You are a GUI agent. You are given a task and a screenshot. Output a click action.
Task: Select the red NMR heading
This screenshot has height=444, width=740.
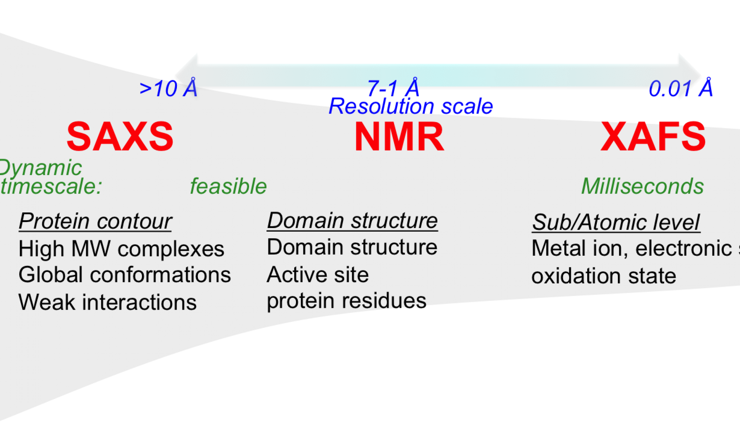(x=399, y=137)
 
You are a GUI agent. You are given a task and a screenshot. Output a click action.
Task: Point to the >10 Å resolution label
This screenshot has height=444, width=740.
(x=168, y=89)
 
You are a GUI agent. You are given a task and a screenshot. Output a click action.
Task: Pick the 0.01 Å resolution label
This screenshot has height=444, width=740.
(x=681, y=89)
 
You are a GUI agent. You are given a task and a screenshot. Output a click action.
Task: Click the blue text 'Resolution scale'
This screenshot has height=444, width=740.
(x=411, y=107)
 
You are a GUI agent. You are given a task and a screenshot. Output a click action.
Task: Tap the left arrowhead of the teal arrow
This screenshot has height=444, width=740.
(x=187, y=72)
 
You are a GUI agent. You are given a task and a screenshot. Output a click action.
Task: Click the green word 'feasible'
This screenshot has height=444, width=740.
(x=228, y=186)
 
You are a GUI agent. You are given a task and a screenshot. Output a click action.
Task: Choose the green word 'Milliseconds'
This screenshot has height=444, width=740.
(x=642, y=186)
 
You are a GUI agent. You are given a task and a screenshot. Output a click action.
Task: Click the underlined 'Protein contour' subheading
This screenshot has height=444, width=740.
(x=95, y=221)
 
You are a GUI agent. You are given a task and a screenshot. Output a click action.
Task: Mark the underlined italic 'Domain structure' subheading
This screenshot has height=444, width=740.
(x=352, y=221)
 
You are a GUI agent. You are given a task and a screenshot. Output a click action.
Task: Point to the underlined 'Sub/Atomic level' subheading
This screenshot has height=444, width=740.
(x=616, y=222)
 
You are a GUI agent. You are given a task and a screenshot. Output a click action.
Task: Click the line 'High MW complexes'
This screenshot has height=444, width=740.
(x=121, y=249)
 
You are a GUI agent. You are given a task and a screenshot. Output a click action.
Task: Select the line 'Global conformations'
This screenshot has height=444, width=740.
(x=125, y=275)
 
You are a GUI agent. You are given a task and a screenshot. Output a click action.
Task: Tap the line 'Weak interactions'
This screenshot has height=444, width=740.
(x=107, y=302)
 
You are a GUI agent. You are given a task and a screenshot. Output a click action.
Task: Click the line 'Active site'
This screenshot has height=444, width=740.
(x=317, y=275)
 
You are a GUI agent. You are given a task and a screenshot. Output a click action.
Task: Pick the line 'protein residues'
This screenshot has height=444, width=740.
(x=346, y=301)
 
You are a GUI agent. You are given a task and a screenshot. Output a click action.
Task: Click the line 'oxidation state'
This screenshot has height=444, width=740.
(x=603, y=276)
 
